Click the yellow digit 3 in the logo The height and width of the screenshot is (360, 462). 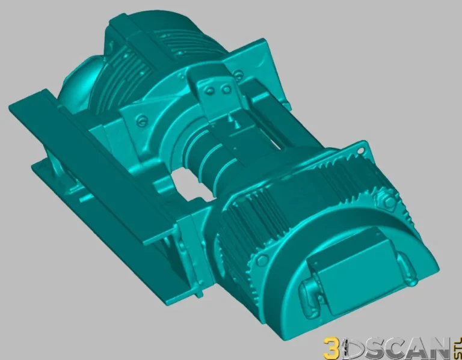point(331,348)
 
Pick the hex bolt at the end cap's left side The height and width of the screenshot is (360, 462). point(262,259)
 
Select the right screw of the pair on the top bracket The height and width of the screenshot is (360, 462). point(226,90)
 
